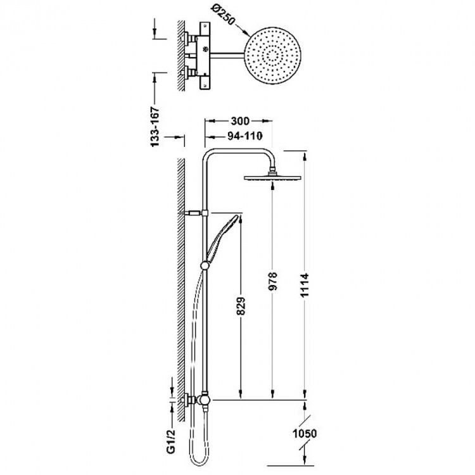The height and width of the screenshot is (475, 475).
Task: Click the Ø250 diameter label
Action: [224, 15]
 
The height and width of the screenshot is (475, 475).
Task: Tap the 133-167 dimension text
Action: [155, 127]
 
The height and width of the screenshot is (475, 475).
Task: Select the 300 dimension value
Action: [240, 121]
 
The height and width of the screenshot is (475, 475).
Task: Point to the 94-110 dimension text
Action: [244, 136]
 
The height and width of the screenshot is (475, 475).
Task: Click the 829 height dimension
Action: [241, 306]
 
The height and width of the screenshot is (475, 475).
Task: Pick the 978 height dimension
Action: [272, 281]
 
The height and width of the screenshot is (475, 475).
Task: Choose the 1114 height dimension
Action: [305, 285]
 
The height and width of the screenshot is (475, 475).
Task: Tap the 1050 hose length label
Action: [305, 433]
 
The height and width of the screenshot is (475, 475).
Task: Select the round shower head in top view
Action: [272, 56]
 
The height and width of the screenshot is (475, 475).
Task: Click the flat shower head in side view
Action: [272, 177]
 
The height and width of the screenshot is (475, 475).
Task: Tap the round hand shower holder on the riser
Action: [205, 265]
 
